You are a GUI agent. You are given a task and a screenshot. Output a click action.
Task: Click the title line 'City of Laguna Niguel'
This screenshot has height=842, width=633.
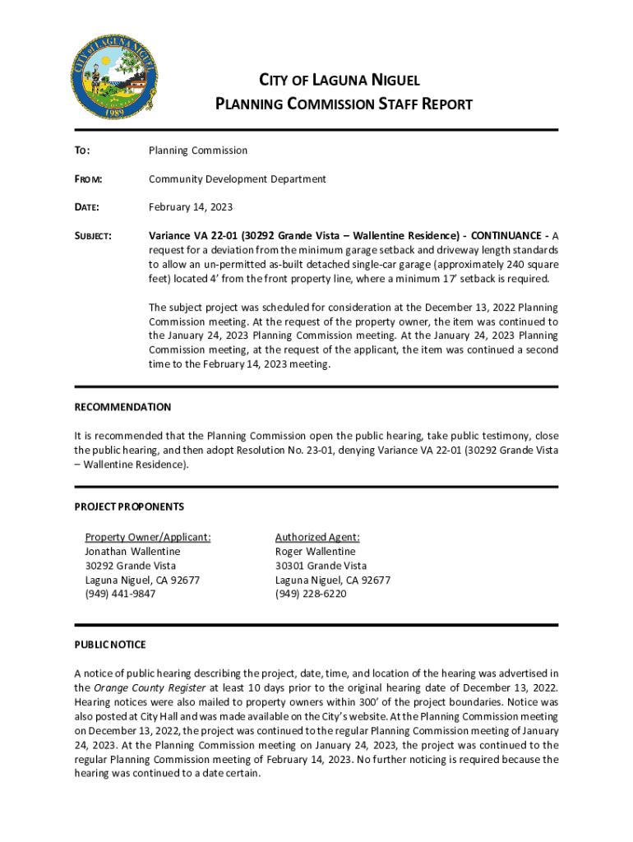pyautogui.click(x=340, y=81)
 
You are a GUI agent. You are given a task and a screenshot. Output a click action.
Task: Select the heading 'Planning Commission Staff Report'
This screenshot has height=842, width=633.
pyautogui.click(x=344, y=104)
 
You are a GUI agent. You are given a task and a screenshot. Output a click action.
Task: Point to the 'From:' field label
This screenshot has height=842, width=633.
pyautogui.click(x=90, y=179)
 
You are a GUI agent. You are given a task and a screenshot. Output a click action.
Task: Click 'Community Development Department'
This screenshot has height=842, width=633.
pyautogui.click(x=237, y=179)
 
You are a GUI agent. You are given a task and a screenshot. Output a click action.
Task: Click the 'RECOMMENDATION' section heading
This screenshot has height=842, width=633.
pyautogui.click(x=122, y=407)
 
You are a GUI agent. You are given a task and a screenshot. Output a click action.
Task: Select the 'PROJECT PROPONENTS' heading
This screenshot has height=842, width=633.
pyautogui.click(x=129, y=507)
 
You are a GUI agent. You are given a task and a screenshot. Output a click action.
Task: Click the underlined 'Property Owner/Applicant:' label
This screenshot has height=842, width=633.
pyautogui.click(x=148, y=537)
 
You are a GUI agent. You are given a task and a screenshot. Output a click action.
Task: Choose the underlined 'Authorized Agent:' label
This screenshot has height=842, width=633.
pyautogui.click(x=317, y=537)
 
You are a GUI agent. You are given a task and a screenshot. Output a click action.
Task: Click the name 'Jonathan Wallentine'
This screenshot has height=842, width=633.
pyautogui.click(x=132, y=552)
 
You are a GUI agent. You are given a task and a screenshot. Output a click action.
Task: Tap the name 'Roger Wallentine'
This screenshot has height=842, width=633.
pyautogui.click(x=315, y=552)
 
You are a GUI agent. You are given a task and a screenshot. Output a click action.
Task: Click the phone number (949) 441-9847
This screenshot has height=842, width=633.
pyautogui.click(x=120, y=594)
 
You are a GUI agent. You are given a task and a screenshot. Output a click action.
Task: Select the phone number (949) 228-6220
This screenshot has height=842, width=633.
pyautogui.click(x=311, y=594)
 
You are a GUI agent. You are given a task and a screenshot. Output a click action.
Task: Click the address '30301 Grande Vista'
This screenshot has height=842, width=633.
pyautogui.click(x=321, y=566)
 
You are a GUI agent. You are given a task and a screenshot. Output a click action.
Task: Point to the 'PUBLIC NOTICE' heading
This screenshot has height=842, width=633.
pyautogui.click(x=110, y=645)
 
